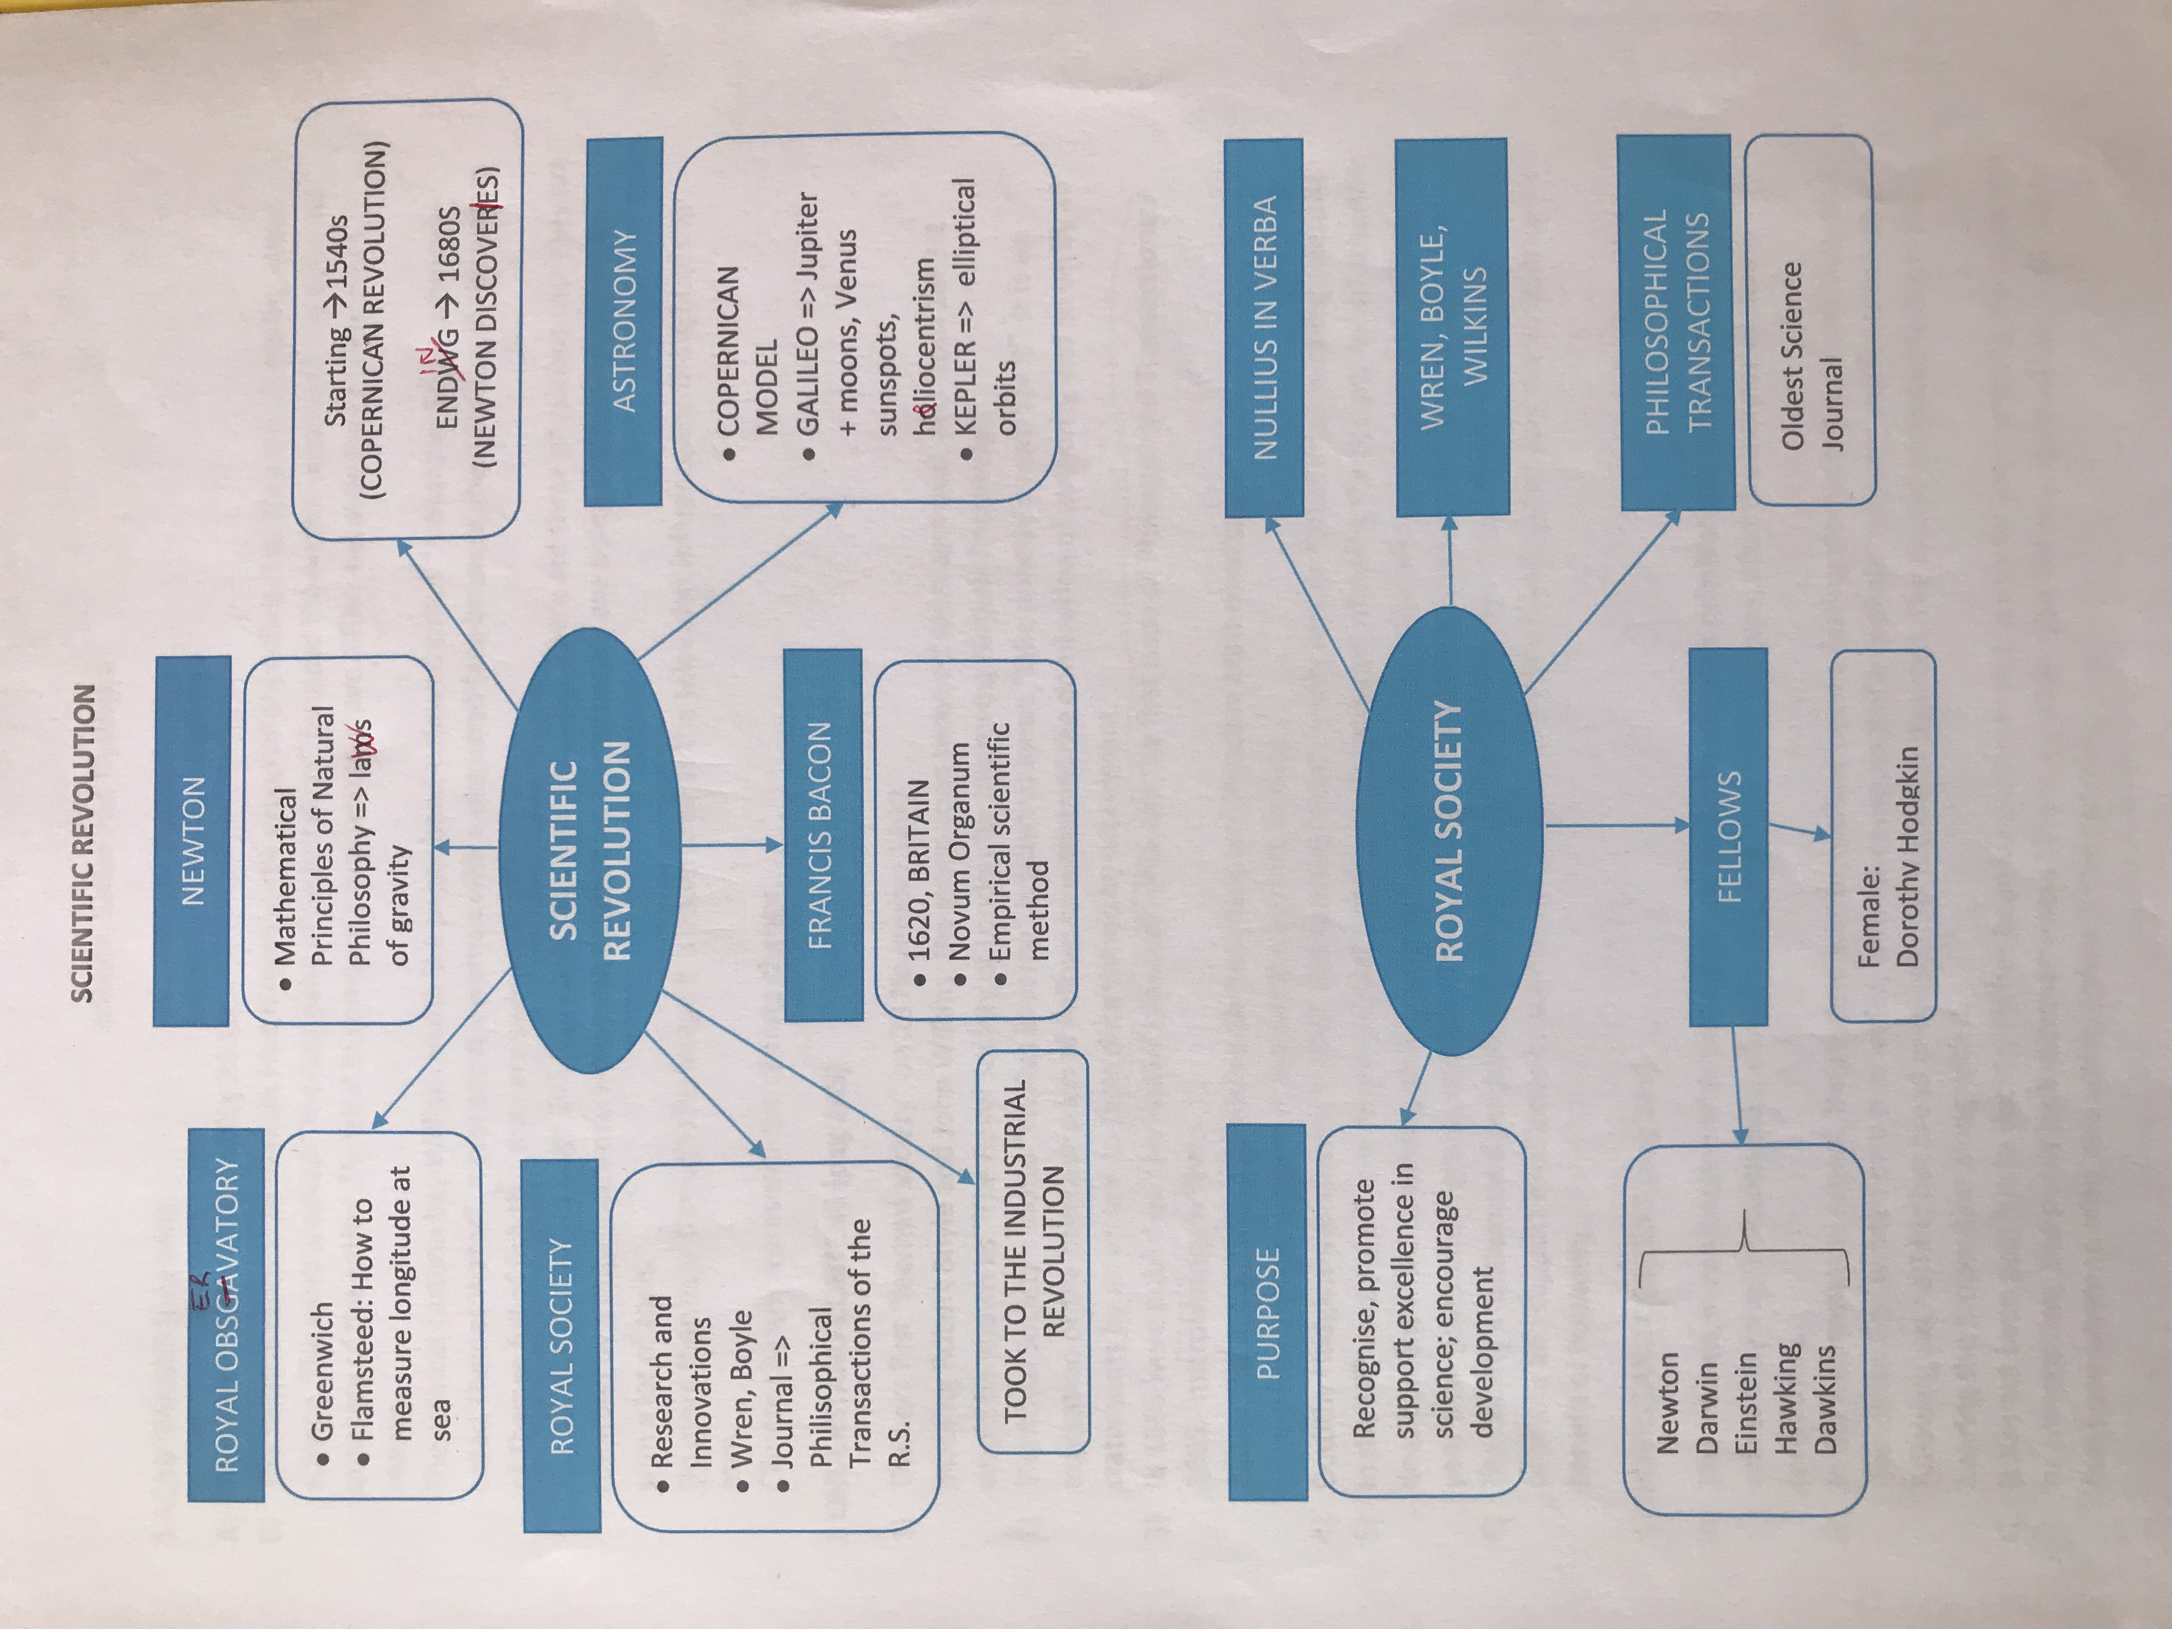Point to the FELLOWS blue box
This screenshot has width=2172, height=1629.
tap(1728, 837)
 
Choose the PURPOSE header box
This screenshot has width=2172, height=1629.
tap(1268, 1311)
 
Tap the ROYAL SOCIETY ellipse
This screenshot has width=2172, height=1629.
tap(1449, 831)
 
